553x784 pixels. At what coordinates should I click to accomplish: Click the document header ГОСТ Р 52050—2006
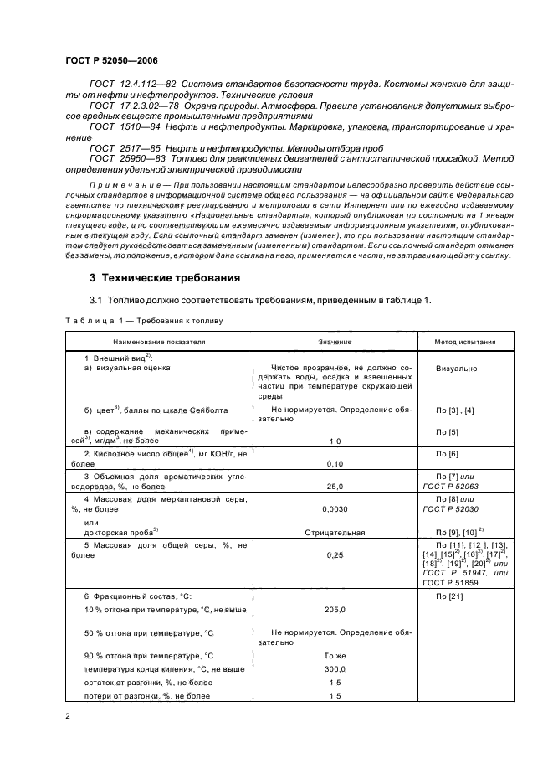(x=110, y=61)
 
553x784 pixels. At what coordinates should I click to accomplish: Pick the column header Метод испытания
(x=464, y=342)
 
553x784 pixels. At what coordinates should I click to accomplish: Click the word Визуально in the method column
(x=457, y=368)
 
